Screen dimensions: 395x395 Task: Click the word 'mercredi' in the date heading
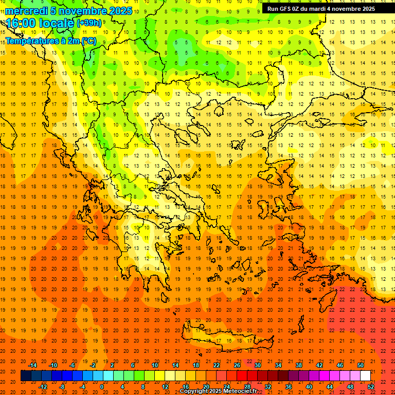[27, 11]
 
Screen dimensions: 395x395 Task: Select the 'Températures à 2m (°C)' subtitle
[50, 41]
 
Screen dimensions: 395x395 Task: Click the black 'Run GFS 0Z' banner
[321, 8]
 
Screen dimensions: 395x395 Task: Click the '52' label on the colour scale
[371, 387]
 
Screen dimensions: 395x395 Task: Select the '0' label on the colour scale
[102, 387]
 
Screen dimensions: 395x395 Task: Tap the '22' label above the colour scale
[217, 365]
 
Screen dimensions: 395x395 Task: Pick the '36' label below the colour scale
[288, 387]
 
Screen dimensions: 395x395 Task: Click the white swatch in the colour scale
[365, 376]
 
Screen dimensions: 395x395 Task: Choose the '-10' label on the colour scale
[52, 365]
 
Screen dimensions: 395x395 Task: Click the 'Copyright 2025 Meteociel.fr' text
[218, 391]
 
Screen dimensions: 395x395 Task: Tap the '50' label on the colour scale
[361, 365]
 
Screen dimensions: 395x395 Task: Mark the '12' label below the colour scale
[165, 387]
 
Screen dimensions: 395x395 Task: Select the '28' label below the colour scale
[247, 387]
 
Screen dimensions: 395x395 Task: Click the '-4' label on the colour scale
[82, 387]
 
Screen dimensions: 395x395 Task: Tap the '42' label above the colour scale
[319, 365]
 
